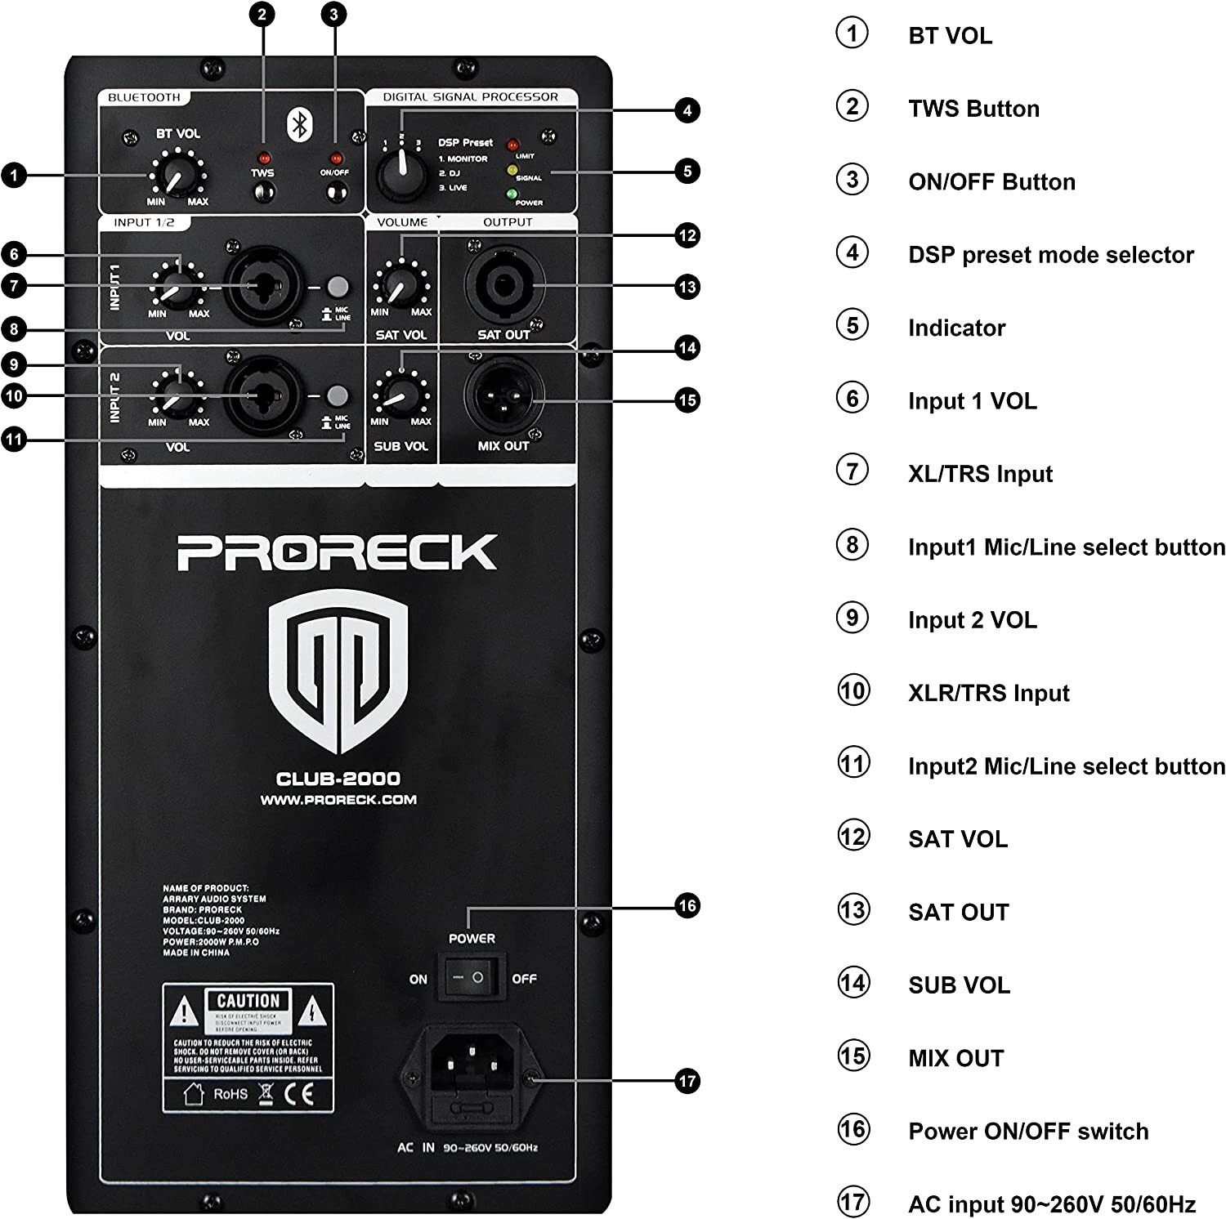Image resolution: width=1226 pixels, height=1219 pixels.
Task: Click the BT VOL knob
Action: point(175,175)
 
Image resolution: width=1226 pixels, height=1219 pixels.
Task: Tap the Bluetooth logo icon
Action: point(300,124)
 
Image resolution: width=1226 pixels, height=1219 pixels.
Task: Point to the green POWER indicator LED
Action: point(512,194)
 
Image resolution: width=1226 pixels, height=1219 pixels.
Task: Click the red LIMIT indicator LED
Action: point(513,145)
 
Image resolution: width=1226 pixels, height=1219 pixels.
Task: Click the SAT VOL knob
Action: point(400,285)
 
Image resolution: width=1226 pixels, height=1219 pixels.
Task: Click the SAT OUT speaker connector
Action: point(503,285)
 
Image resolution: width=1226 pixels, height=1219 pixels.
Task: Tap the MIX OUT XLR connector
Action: point(503,398)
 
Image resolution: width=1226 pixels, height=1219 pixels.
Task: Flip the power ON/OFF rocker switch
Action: point(471,977)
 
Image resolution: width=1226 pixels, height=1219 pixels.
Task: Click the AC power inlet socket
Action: point(471,1064)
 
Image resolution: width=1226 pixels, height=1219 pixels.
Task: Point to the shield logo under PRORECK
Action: point(338,672)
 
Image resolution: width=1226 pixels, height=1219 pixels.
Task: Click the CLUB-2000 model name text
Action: point(338,779)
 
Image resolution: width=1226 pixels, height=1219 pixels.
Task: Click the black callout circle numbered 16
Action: point(687,905)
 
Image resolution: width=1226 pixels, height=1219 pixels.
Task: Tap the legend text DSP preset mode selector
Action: point(1050,255)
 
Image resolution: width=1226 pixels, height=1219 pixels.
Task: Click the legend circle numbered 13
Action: point(852,910)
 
